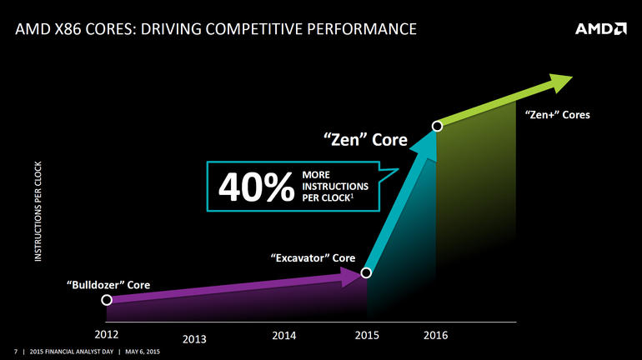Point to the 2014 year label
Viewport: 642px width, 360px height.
(x=284, y=335)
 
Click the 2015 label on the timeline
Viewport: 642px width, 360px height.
(x=367, y=335)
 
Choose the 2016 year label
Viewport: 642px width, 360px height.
(x=435, y=335)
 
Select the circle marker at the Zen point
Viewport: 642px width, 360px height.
(x=436, y=127)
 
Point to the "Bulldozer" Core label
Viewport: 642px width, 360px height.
(x=108, y=284)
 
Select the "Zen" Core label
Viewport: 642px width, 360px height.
(x=365, y=140)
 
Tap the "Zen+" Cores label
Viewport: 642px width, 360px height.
(x=558, y=115)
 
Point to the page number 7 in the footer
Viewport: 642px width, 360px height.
(x=16, y=352)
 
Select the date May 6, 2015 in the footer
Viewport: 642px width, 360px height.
(x=141, y=352)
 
